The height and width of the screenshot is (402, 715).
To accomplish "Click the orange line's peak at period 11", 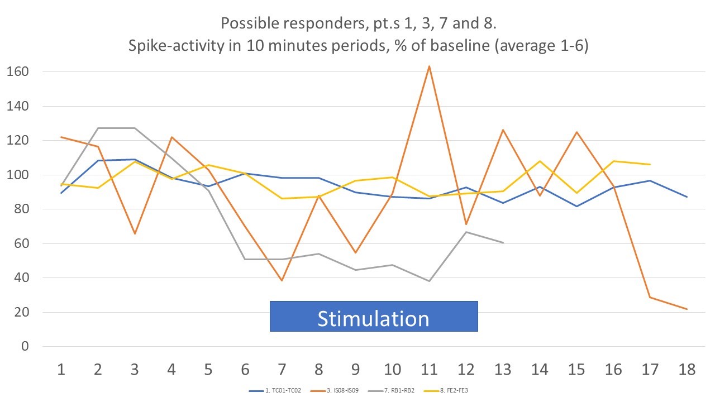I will coord(429,66).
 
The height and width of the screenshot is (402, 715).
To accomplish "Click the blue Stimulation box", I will coord(374,317).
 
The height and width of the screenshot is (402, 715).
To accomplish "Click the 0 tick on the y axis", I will coord(25,347).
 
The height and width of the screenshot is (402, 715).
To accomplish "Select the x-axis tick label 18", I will coord(687,369).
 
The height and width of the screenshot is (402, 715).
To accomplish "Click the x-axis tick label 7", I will coord(282,369).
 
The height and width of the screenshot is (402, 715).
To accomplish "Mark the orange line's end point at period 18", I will coord(687,309).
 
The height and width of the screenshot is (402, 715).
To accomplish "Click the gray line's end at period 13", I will coord(503,243).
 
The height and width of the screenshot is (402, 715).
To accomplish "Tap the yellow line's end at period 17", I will coord(650,164).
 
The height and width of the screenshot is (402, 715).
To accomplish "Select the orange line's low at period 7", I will coord(282,280).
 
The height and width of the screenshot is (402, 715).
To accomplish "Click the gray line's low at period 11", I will coord(429,281).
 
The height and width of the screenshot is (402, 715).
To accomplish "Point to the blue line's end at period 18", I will coord(687,197).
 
